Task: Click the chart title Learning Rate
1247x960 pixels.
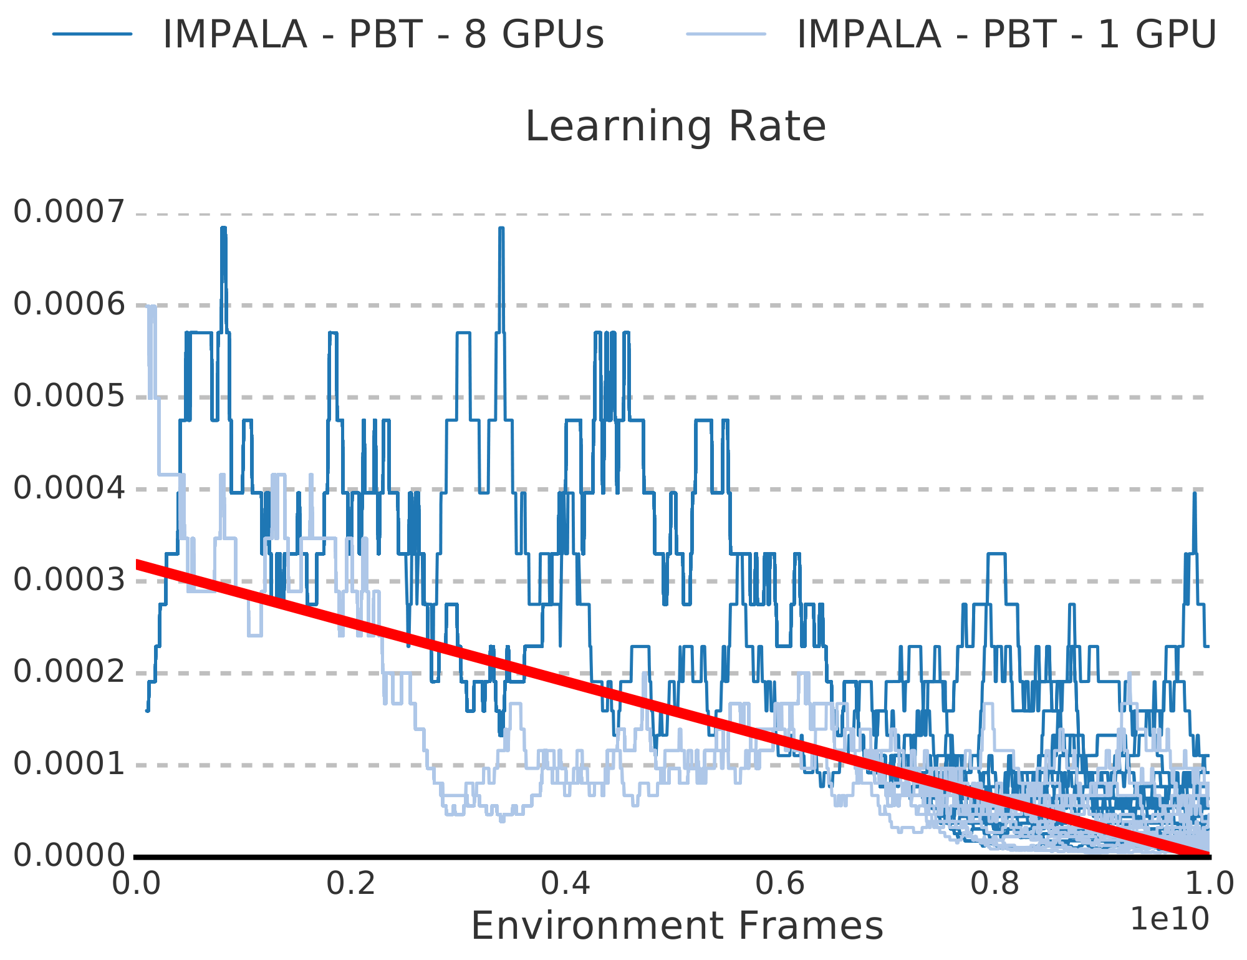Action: [x=676, y=127]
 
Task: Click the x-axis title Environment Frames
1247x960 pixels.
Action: [x=677, y=926]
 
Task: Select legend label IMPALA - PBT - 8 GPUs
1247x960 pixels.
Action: [x=383, y=34]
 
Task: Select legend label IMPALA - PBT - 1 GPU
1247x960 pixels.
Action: [x=1006, y=34]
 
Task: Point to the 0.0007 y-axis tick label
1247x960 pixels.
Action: [x=69, y=213]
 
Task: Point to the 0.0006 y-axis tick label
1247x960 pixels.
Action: [x=69, y=304]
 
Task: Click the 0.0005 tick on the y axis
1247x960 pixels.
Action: [x=69, y=396]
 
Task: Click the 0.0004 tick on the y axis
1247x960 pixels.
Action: [x=69, y=488]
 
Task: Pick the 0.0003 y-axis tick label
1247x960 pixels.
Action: [x=69, y=580]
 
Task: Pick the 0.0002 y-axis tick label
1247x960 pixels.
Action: [x=69, y=672]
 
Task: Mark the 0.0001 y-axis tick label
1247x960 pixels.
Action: [x=69, y=764]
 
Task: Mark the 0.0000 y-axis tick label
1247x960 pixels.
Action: [x=69, y=856]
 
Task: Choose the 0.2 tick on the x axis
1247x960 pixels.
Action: [x=351, y=885]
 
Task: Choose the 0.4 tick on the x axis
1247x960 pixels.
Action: [x=566, y=885]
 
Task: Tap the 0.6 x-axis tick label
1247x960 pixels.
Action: [x=780, y=885]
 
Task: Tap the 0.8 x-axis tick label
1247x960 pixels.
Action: [x=994, y=885]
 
